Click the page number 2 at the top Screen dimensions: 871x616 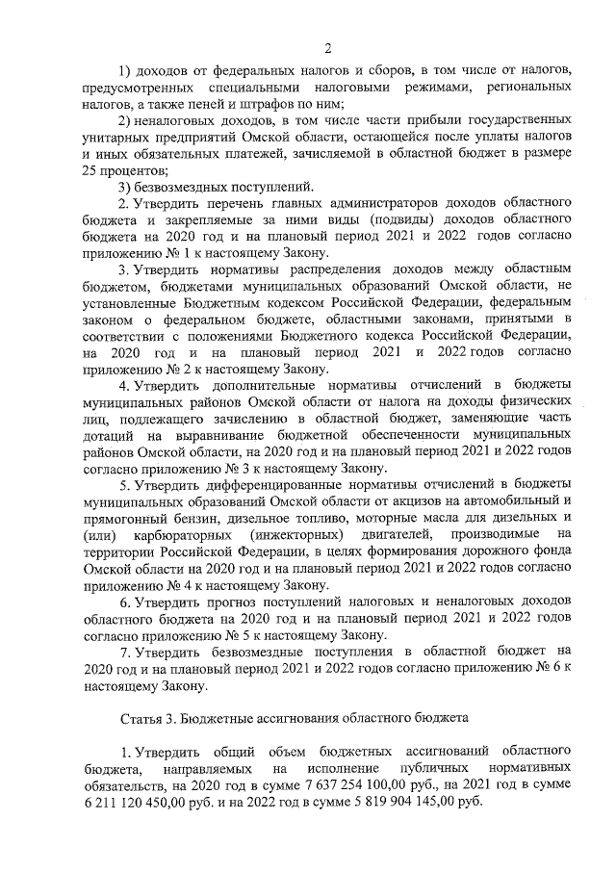[x=327, y=48]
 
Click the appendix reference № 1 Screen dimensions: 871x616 [x=176, y=251]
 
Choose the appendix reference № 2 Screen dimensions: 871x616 [x=176, y=368]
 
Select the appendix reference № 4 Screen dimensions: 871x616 [x=176, y=585]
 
